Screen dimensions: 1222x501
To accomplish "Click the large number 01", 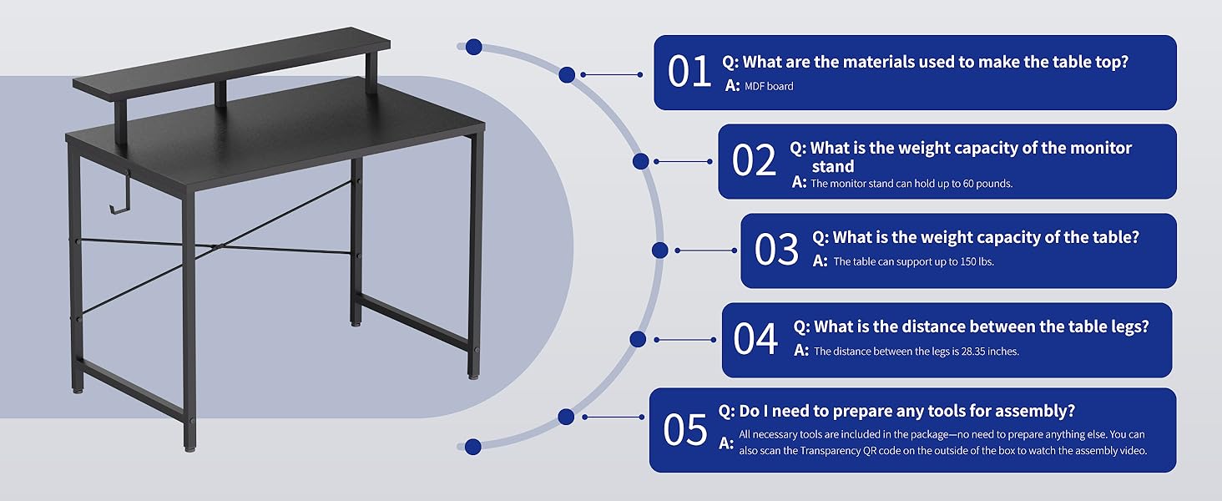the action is pyautogui.click(x=689, y=72).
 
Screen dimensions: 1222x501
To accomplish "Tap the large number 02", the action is pyautogui.click(x=754, y=160).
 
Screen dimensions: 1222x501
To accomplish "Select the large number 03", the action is pyautogui.click(x=776, y=250).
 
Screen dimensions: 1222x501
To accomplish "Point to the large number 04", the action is pyautogui.click(x=755, y=339).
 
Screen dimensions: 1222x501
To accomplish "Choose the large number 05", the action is pyautogui.click(x=685, y=429).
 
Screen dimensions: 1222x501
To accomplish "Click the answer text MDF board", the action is pyautogui.click(x=769, y=86).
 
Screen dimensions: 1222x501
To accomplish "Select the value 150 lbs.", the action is pyautogui.click(x=977, y=261).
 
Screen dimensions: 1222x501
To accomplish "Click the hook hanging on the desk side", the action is pyautogui.click(x=120, y=192).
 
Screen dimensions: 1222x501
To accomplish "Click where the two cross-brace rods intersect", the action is pyautogui.click(x=216, y=247).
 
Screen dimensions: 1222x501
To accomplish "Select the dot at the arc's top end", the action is pyautogui.click(x=473, y=47).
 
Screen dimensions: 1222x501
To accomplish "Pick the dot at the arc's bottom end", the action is pyautogui.click(x=473, y=447).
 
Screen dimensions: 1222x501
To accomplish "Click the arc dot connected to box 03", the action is pyautogui.click(x=659, y=250).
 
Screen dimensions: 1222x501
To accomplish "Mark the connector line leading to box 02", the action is pyautogui.click(x=683, y=161).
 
